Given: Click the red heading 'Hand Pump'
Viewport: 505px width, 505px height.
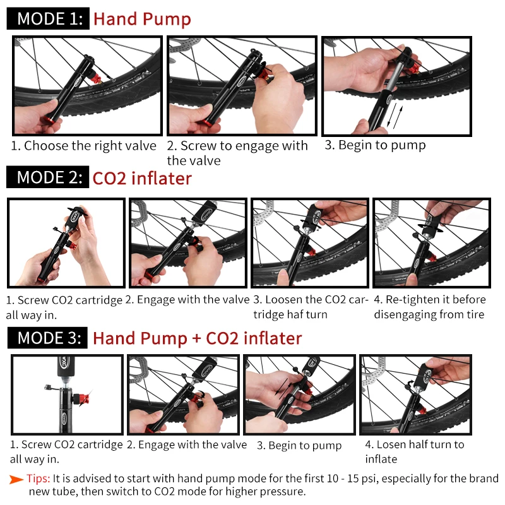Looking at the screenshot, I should coord(142,18).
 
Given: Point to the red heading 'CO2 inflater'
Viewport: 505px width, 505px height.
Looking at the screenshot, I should coord(142,178).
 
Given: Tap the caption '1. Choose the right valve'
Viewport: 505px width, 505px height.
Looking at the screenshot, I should coord(83,146).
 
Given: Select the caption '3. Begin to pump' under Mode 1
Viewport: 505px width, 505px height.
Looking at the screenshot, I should coord(375,145).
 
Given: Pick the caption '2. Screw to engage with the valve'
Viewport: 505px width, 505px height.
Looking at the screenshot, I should coord(237,153).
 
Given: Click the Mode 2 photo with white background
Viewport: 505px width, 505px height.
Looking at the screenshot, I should coord(66,244).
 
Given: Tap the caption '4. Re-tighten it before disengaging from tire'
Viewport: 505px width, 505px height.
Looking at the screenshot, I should coord(429,307).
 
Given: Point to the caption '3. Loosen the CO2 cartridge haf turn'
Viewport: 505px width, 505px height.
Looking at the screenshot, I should coord(310,307).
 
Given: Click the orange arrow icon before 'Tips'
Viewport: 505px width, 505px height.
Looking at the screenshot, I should coord(16,478).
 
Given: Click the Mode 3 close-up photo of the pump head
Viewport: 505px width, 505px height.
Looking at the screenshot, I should coord(67,395).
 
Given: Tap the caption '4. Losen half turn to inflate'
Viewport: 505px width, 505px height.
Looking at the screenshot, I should coord(413,451).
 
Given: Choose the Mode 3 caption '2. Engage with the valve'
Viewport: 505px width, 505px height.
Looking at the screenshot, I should coord(187,445).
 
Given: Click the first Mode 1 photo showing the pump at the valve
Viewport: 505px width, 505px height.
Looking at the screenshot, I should coord(87,86).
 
